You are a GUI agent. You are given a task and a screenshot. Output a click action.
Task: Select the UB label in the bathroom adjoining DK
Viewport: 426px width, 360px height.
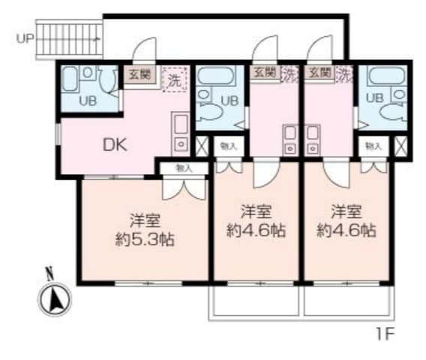tap(88, 100)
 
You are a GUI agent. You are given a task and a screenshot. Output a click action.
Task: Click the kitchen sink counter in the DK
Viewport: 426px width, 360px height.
tap(180, 131)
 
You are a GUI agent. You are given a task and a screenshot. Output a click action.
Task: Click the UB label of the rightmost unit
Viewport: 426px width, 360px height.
tap(376, 97)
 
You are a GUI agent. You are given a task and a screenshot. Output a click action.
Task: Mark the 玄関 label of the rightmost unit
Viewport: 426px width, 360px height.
tap(319, 73)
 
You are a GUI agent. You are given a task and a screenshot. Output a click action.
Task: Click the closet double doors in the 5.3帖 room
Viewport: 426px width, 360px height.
tap(184, 185)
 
